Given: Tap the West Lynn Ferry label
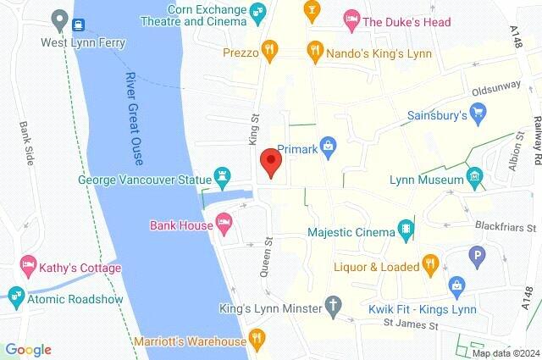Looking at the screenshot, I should [83, 42].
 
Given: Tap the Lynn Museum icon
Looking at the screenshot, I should [474, 180].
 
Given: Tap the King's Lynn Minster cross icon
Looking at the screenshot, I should [335, 306].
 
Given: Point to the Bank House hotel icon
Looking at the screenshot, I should [224, 224].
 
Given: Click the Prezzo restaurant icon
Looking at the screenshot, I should [269, 51].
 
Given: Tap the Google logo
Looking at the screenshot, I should [28, 349].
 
